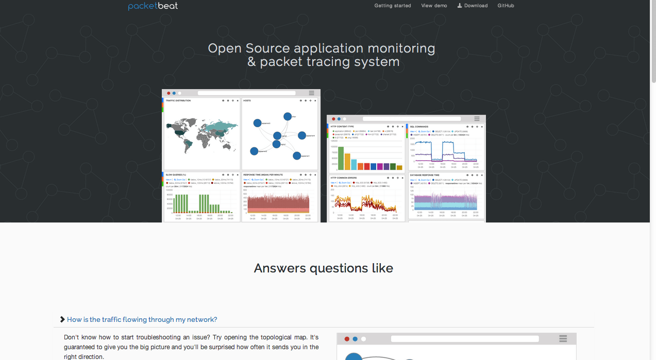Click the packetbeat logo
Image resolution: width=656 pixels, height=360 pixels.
click(153, 6)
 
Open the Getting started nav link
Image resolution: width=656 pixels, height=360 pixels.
click(393, 6)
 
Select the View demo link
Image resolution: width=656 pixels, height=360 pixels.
click(434, 6)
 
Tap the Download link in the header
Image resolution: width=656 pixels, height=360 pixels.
click(476, 6)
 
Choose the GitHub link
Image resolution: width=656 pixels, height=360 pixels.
click(506, 6)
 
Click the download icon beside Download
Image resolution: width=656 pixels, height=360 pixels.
click(460, 6)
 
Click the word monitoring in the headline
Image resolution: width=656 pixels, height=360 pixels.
click(401, 48)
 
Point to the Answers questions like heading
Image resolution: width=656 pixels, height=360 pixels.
click(324, 268)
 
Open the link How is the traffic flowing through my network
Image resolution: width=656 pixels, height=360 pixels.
click(142, 319)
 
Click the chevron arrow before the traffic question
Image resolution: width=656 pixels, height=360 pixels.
click(62, 319)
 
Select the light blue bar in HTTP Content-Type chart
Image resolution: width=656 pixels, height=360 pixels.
click(354, 164)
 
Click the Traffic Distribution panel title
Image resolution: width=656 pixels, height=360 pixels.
click(178, 101)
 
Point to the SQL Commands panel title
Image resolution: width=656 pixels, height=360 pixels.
click(419, 126)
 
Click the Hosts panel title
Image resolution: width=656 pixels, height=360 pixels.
click(247, 101)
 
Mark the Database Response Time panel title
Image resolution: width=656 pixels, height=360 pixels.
click(425, 175)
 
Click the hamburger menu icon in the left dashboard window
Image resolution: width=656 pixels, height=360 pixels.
click(311, 93)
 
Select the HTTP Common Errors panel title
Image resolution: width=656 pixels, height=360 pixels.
click(344, 178)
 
